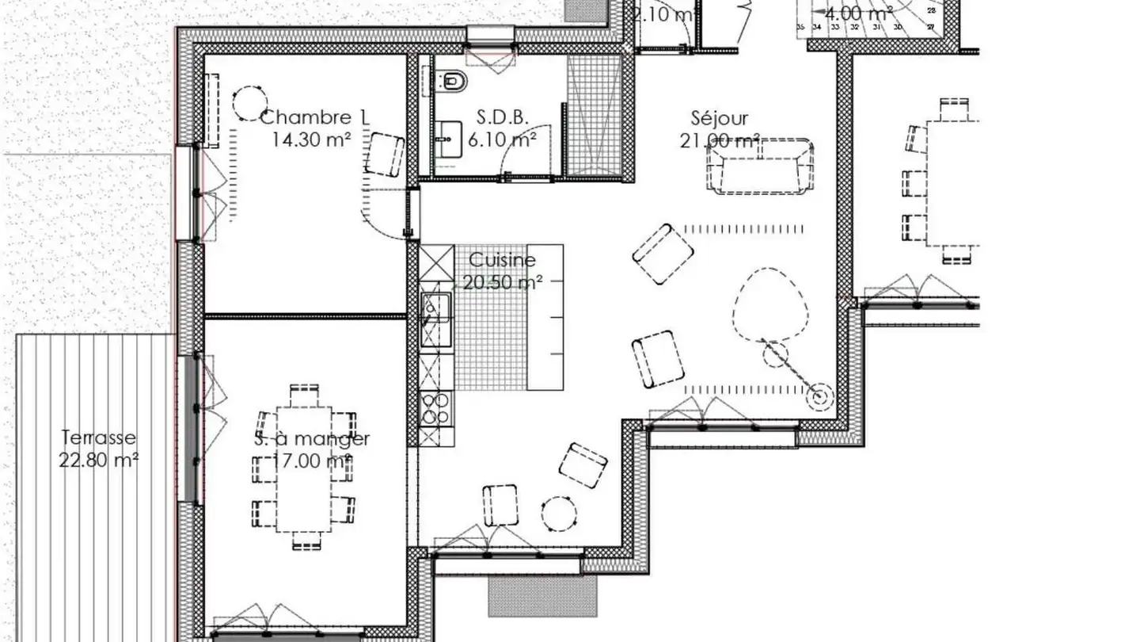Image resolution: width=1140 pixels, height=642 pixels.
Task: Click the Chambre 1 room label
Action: pyautogui.click(x=313, y=118)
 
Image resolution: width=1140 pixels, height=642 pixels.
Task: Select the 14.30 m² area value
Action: pyautogui.click(x=311, y=140)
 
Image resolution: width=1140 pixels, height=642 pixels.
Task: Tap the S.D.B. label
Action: pyautogui.click(x=502, y=118)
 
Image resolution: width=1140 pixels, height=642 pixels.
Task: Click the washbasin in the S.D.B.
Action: pyautogui.click(x=448, y=139)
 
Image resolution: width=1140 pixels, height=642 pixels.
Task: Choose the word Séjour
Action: pyautogui.click(x=719, y=119)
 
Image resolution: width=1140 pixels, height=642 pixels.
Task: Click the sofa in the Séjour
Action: pyautogui.click(x=760, y=166)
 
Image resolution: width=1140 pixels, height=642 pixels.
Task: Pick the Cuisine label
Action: pyautogui.click(x=502, y=260)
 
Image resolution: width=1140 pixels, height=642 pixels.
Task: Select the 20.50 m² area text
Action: pyautogui.click(x=502, y=282)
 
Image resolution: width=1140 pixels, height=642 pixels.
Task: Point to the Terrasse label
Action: pyautogui.click(x=99, y=438)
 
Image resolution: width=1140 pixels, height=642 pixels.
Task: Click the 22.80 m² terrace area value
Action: pyautogui.click(x=99, y=460)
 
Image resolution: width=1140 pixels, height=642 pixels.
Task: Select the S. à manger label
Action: pyautogui.click(x=312, y=439)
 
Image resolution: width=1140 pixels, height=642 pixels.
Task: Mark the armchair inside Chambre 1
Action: pyautogui.click(x=385, y=155)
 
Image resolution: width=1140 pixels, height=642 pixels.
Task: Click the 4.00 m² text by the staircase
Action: pyautogui.click(x=855, y=13)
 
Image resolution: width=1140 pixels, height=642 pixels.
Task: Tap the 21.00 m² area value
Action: pyautogui.click(x=719, y=141)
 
